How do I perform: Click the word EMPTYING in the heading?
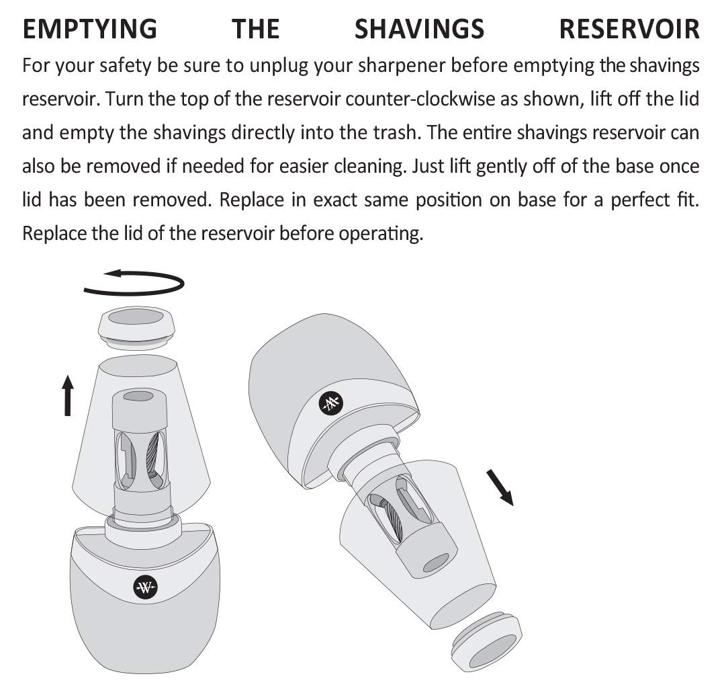(89, 30)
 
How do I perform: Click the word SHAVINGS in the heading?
(419, 30)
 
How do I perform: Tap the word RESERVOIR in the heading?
(629, 30)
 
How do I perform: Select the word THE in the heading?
(255, 30)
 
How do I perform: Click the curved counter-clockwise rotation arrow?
(134, 282)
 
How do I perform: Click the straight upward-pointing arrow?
(67, 396)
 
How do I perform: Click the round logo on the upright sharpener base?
(146, 587)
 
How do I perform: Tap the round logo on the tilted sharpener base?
(330, 403)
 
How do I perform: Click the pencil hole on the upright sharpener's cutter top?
(138, 397)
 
